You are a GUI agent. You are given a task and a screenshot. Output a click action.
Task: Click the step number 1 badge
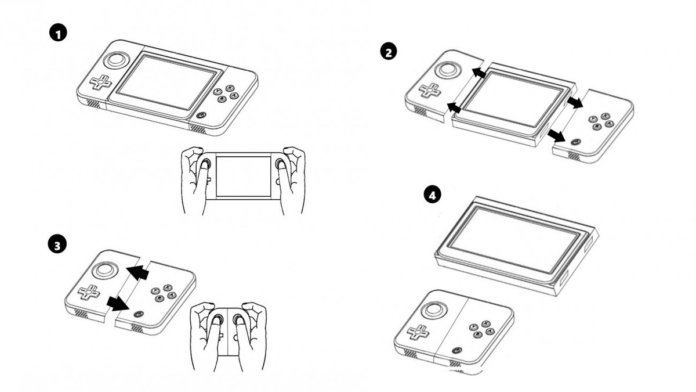(x=58, y=33)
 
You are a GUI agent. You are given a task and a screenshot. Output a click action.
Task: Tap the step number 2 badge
(x=388, y=52)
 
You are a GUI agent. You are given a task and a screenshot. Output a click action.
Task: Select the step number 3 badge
(x=56, y=245)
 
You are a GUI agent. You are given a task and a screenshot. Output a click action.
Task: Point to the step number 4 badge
(x=431, y=196)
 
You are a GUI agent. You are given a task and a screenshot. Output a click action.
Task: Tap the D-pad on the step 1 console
(x=100, y=83)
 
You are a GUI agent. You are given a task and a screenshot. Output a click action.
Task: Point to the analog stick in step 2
(x=448, y=70)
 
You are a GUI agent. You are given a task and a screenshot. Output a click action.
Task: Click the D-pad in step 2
(x=430, y=91)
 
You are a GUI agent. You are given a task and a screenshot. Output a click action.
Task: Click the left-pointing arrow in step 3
(x=138, y=272)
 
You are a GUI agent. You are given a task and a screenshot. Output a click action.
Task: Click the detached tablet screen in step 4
(x=516, y=240)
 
